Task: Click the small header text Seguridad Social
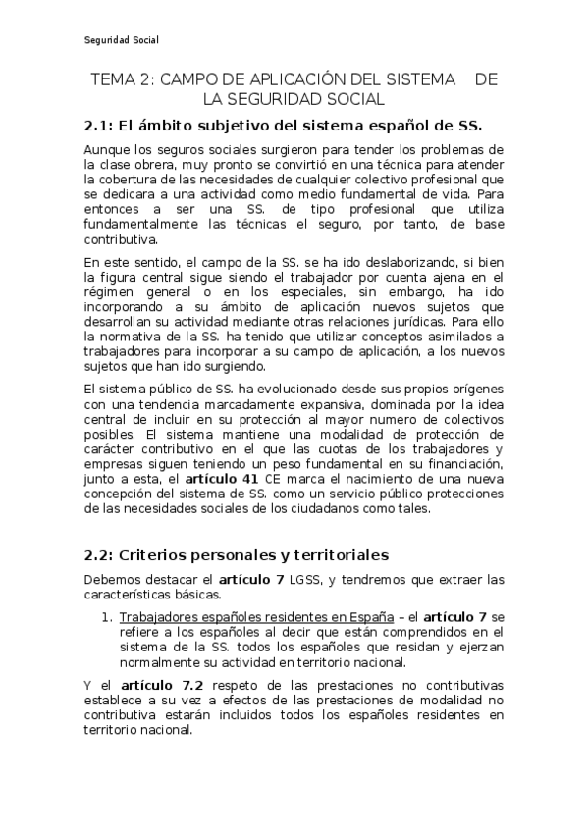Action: pyautogui.click(x=121, y=40)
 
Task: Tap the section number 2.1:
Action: pyautogui.click(x=98, y=126)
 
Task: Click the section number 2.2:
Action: pyautogui.click(x=98, y=553)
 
